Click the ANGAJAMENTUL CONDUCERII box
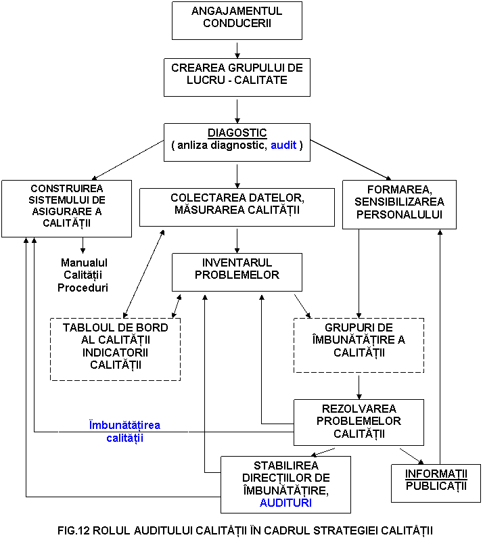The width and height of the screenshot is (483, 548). click(x=237, y=20)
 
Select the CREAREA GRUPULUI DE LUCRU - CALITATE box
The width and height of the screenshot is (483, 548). click(x=237, y=76)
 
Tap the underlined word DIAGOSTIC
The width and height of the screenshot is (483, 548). click(x=237, y=133)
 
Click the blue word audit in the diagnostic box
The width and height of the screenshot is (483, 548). click(x=283, y=145)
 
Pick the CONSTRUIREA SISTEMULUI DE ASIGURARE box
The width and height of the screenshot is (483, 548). click(x=66, y=208)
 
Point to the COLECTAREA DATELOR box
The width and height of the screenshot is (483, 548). click(x=237, y=206)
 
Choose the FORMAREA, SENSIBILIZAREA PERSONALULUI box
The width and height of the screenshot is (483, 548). click(x=399, y=204)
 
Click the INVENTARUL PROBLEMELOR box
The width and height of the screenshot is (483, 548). click(x=237, y=272)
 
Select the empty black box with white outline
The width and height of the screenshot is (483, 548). click(x=83, y=277)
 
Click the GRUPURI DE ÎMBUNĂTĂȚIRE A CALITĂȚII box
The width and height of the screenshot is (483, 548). click(x=359, y=345)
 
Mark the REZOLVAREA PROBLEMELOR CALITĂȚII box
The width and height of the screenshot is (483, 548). click(x=359, y=422)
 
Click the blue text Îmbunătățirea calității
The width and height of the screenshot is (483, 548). click(x=124, y=432)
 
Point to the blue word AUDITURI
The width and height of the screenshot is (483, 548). click(x=285, y=503)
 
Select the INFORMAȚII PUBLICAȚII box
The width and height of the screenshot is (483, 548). click(x=436, y=482)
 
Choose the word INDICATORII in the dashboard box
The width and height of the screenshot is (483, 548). click(x=115, y=352)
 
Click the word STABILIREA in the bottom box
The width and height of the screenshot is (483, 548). click(x=285, y=465)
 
